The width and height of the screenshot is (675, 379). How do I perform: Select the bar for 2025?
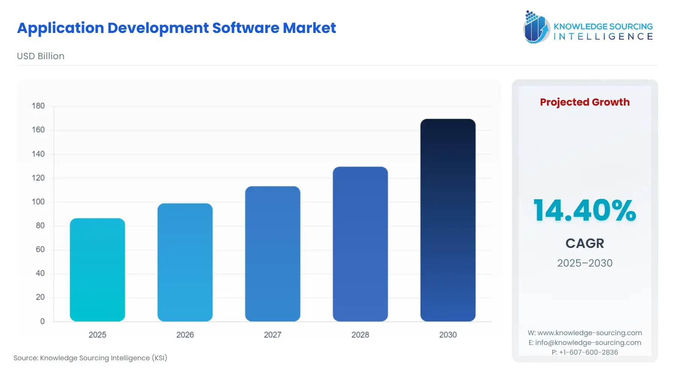pyautogui.click(x=97, y=270)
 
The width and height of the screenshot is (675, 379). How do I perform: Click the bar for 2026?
pyautogui.click(x=185, y=262)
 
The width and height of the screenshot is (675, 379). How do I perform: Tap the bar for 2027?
pyautogui.click(x=273, y=254)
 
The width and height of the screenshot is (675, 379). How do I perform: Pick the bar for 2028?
pyautogui.click(x=360, y=244)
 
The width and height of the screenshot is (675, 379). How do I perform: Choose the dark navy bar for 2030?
pyautogui.click(x=448, y=220)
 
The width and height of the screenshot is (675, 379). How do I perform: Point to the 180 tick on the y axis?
pyautogui.click(x=38, y=106)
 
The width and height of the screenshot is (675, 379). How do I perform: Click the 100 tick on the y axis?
pyautogui.click(x=38, y=202)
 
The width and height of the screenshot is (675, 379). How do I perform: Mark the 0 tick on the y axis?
pyautogui.click(x=42, y=321)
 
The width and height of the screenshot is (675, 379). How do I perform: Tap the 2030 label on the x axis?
pyautogui.click(x=448, y=335)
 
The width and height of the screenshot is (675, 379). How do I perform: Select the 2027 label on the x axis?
pyautogui.click(x=273, y=335)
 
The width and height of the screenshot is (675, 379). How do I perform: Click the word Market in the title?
pyautogui.click(x=309, y=28)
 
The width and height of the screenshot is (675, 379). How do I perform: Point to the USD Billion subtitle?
pyautogui.click(x=40, y=56)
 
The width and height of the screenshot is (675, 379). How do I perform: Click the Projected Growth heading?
pyautogui.click(x=585, y=102)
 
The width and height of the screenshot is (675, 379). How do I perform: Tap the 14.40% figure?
pyautogui.click(x=585, y=210)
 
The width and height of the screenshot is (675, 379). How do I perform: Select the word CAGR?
pyautogui.click(x=585, y=243)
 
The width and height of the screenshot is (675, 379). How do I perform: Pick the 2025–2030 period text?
pyautogui.click(x=585, y=263)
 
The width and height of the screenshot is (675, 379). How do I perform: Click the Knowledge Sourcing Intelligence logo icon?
pyautogui.click(x=536, y=27)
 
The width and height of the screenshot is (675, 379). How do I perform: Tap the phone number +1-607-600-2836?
pyautogui.click(x=588, y=352)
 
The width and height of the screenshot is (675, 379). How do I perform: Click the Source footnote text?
pyautogui.click(x=90, y=358)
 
